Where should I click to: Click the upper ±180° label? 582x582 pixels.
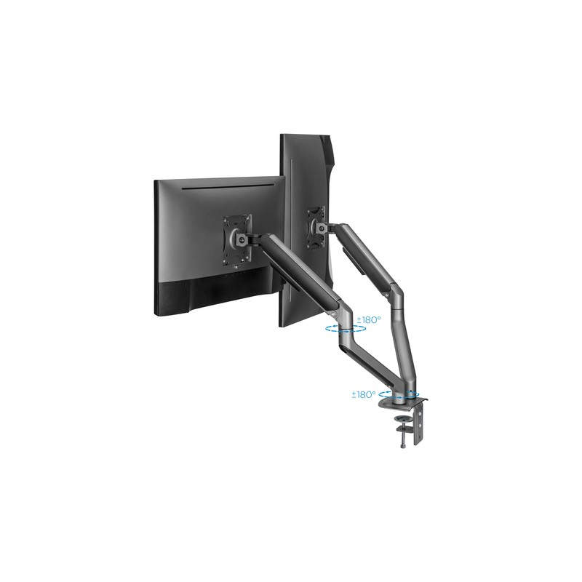click(369, 319)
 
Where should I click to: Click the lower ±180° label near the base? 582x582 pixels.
click(364, 394)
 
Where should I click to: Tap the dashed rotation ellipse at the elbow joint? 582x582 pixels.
click(346, 328)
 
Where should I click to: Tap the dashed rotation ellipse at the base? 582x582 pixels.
click(399, 394)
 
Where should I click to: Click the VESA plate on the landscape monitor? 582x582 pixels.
click(237, 240)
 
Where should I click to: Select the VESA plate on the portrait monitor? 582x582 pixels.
click(316, 228)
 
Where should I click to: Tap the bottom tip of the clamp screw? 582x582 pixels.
click(403, 448)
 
